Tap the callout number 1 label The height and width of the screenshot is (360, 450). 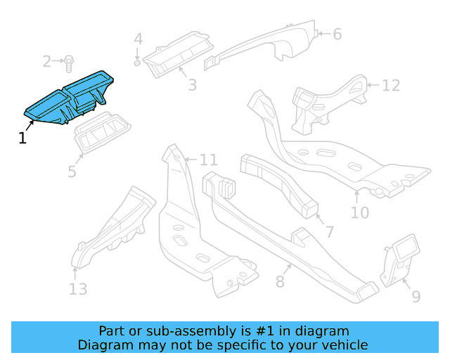(22, 139)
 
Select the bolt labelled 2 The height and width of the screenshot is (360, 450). (69, 63)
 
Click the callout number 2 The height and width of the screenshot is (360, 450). (47, 62)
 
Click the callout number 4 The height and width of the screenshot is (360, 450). (139, 39)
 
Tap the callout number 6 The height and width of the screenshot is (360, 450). (337, 34)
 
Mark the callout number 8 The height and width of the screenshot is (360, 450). (280, 282)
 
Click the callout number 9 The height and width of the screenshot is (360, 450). (416, 297)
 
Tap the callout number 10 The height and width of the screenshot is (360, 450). (359, 211)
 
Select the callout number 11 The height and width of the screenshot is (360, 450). (209, 160)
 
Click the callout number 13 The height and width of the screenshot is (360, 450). (78, 289)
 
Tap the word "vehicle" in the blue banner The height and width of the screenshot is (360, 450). (344, 345)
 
